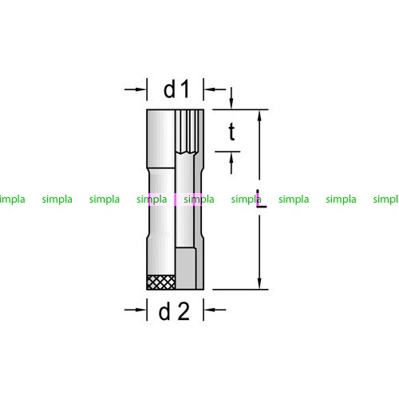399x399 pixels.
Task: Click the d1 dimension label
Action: click(176, 89)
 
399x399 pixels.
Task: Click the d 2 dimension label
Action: click(174, 310)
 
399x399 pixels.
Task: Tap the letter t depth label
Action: click(231, 132)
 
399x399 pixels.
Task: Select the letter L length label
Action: click(261, 199)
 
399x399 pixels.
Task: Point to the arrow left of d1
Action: click(135, 89)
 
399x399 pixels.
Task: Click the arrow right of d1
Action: click(215, 89)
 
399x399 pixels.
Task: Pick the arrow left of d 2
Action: click(135, 310)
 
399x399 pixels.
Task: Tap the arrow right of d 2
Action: click(215, 310)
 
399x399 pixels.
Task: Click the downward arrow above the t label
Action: click(231, 98)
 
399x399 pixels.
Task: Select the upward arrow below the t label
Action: click(231, 163)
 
